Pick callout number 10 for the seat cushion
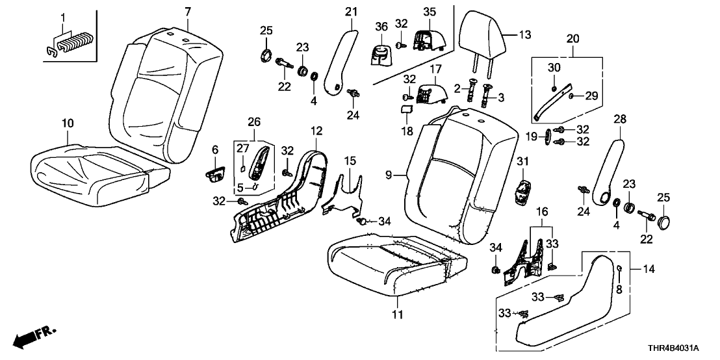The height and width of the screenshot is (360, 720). (x=68, y=123)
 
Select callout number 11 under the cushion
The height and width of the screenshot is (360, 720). (x=397, y=315)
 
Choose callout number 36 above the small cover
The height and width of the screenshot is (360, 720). (x=381, y=25)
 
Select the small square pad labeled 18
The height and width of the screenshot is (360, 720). (x=407, y=114)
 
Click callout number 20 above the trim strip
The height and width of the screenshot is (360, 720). (x=572, y=40)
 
